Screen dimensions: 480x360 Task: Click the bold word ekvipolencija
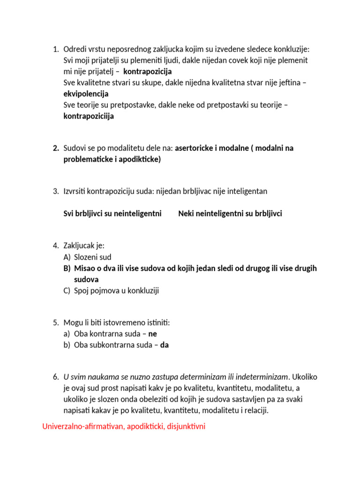(x=86, y=94)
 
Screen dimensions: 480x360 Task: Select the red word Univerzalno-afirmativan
(x=82, y=427)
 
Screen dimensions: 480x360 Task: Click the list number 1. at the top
(x=55, y=49)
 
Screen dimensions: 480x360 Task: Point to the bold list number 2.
(x=55, y=149)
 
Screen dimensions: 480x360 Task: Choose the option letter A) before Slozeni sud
(x=67, y=257)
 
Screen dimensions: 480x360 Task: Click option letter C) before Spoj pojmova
(x=67, y=291)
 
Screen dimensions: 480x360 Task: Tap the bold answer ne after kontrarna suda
(x=152, y=334)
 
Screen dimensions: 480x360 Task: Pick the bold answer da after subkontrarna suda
(x=165, y=346)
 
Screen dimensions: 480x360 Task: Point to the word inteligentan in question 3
(x=245, y=191)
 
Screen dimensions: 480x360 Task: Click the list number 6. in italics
(x=55, y=377)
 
